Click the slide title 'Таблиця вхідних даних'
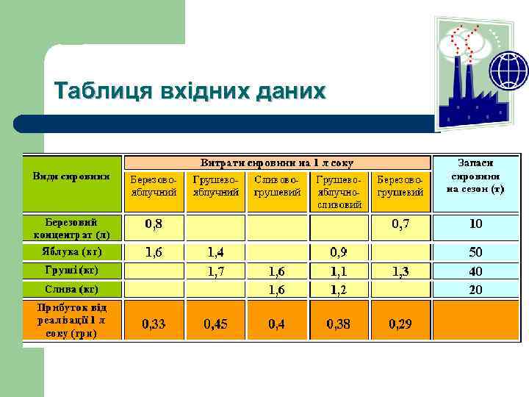190,91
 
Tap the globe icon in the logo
508,71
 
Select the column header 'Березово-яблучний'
154,185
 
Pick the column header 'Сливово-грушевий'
276,185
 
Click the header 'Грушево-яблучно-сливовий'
339,191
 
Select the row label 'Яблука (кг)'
71,252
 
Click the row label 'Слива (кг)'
71,289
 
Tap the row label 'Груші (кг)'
71,271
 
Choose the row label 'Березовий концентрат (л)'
71,229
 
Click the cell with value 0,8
154,223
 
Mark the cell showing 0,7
400,223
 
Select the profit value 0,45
216,323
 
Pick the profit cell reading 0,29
400,323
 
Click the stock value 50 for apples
476,253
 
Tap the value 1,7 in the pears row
216,271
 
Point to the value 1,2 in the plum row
339,290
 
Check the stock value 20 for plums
476,290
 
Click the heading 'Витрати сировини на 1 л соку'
277,162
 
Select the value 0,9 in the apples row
339,253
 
